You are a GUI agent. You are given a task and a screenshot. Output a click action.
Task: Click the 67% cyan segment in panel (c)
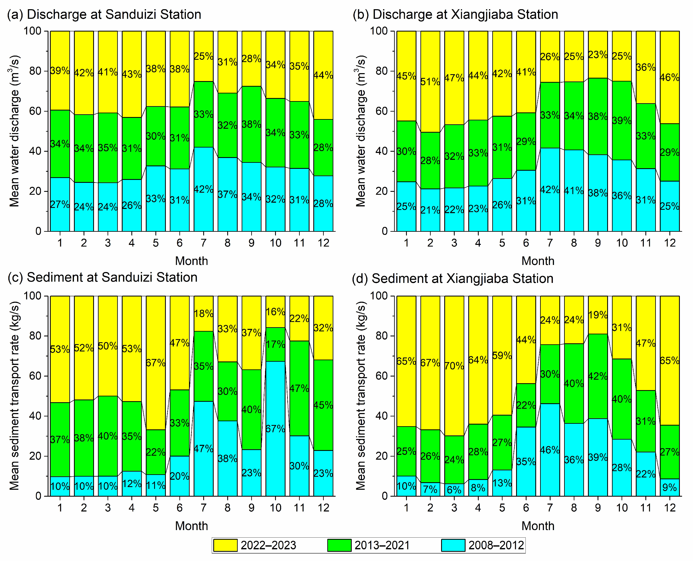pos(275,429)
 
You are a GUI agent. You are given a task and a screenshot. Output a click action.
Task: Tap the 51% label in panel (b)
pos(430,82)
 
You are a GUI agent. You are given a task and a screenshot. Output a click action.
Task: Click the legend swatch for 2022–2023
pos(225,545)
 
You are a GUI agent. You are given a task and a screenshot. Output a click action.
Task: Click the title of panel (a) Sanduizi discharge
pos(104,15)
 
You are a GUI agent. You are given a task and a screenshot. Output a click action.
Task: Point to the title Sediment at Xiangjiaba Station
pos(453,279)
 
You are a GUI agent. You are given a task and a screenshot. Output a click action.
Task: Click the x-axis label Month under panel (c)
pos(191,526)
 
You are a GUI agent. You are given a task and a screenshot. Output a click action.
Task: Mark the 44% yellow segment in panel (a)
pos(323,75)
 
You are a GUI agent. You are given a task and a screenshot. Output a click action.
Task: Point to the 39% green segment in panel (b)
pos(622,121)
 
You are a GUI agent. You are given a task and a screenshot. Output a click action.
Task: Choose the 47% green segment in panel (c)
pos(299,388)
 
